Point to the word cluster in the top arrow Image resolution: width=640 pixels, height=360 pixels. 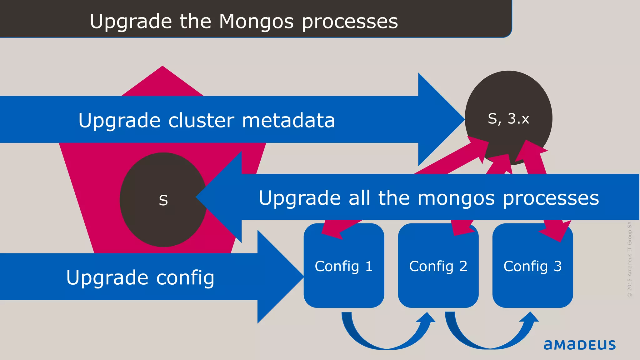[x=201, y=120]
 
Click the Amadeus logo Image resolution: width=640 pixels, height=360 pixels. [x=579, y=345]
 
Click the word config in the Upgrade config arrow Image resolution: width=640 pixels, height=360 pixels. [x=185, y=277]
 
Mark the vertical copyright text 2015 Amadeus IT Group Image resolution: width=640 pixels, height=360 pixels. [x=629, y=259]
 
